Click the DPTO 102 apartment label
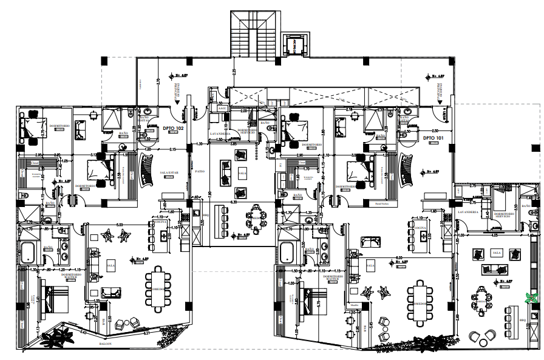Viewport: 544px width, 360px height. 173,129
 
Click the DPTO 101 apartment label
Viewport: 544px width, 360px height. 433,138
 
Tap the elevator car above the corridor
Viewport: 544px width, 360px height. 294,45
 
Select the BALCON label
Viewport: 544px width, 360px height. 106,344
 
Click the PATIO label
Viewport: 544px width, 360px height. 200,171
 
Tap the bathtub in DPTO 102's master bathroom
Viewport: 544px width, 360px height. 28,252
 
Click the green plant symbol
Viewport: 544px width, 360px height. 532,297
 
